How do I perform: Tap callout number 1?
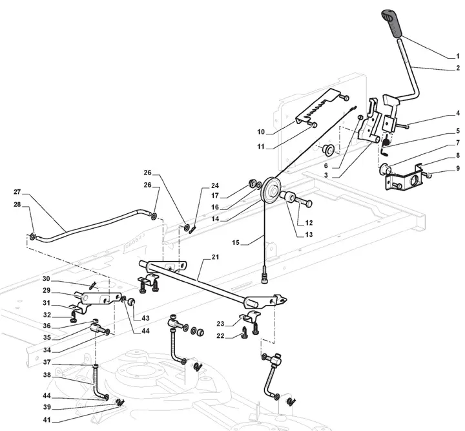tap(458, 56)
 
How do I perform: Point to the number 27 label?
tap(17, 192)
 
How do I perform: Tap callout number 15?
tap(236, 243)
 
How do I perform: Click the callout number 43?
tap(145, 319)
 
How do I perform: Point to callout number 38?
tap(47, 375)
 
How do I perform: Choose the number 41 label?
tap(47, 420)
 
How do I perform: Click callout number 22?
tap(220, 336)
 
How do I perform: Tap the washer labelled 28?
tap(32, 237)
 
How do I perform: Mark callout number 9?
tap(458, 168)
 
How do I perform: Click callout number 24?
tap(214, 185)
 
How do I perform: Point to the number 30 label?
tap(46, 279)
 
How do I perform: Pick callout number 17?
tap(215, 196)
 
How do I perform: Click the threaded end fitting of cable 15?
tap(264, 276)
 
